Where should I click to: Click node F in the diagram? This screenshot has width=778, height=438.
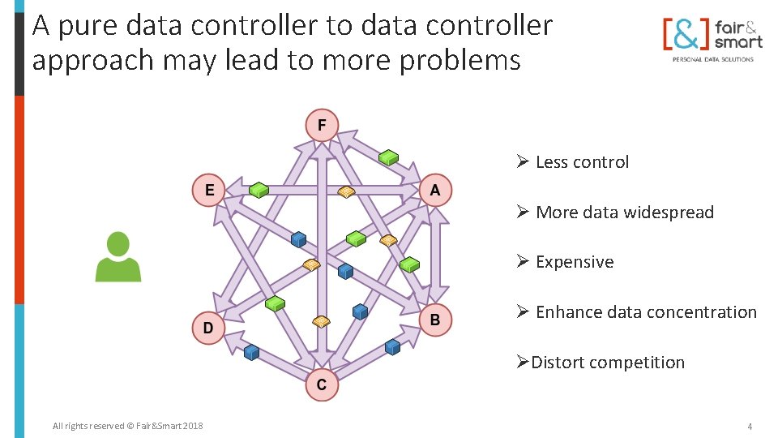(322, 125)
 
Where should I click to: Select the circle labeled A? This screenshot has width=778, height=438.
(435, 191)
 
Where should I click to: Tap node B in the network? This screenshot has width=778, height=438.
(435, 320)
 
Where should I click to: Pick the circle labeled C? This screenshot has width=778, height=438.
(322, 384)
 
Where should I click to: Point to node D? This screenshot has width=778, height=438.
(208, 328)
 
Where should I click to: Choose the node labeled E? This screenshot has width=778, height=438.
(209, 191)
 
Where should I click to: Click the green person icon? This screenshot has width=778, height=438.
(118, 257)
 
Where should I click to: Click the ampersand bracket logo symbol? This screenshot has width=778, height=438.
(686, 34)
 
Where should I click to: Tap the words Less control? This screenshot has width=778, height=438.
(582, 162)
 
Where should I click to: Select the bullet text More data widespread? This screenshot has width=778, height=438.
(624, 213)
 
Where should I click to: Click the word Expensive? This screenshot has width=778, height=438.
(575, 262)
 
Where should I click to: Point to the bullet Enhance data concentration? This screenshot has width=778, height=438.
(646, 312)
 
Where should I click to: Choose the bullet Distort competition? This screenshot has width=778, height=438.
(608, 363)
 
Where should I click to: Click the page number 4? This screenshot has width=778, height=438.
(750, 426)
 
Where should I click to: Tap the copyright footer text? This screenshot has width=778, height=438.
(127, 426)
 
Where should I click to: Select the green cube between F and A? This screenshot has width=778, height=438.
(389, 157)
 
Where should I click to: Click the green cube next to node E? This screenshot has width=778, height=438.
(259, 190)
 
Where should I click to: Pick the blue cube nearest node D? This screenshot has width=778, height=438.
(251, 352)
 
